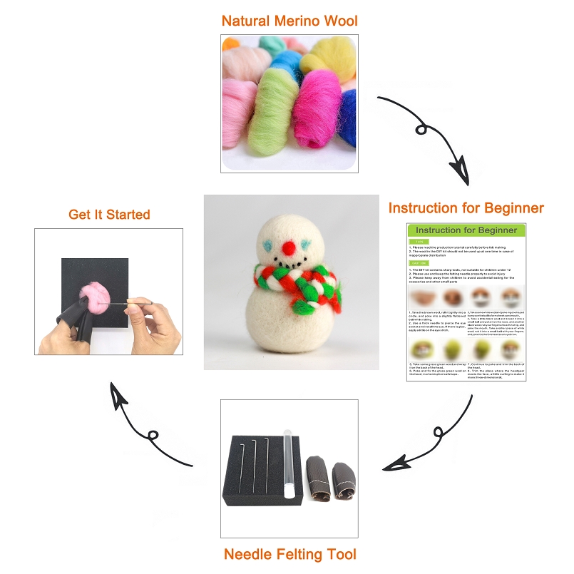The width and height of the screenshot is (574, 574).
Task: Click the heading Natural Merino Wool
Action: click(x=289, y=19)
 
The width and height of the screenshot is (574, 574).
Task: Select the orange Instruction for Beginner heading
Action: click(x=466, y=208)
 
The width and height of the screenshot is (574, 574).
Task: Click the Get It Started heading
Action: click(x=109, y=214)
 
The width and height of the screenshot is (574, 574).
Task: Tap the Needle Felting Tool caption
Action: click(x=289, y=553)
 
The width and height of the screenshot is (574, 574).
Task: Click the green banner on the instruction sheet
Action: click(x=466, y=230)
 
